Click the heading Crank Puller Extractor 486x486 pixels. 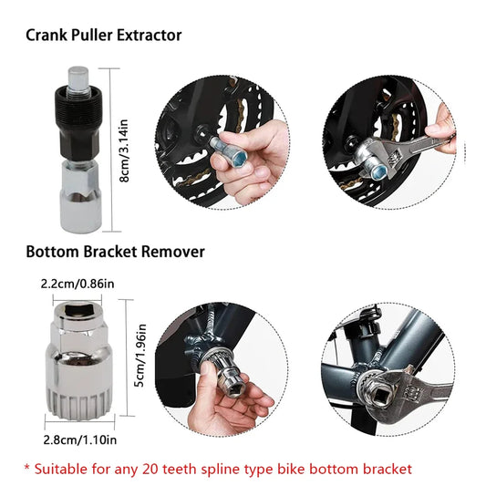pyautogui.click(x=103, y=36)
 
